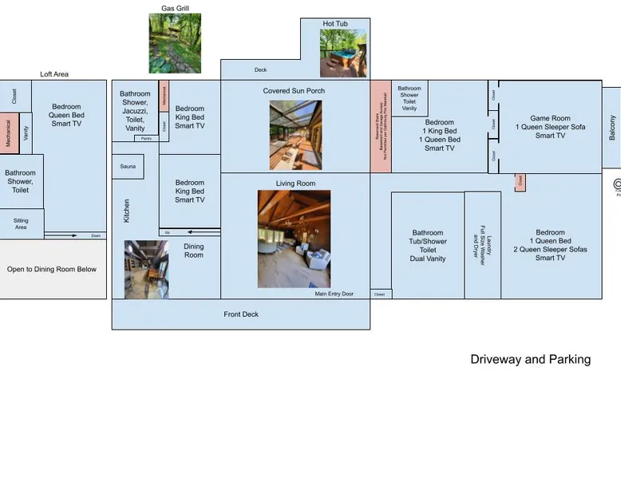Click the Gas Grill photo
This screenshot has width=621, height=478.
pyautogui.click(x=175, y=43)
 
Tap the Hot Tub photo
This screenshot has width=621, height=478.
pyautogui.click(x=343, y=53)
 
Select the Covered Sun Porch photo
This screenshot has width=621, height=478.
pyautogui.click(x=295, y=134)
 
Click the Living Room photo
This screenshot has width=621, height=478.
pyautogui.click(x=294, y=239)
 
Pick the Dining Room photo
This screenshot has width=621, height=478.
pyautogui.click(x=146, y=270)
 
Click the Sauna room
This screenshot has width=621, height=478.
pyautogui.click(x=128, y=167)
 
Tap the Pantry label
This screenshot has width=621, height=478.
pyautogui.click(x=146, y=139)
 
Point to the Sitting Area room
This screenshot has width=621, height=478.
pyautogui.click(x=22, y=223)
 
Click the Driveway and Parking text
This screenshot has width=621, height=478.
pyautogui.click(x=530, y=359)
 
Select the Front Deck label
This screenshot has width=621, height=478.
pyautogui.click(x=240, y=314)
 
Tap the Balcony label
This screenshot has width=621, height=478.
pyautogui.click(x=612, y=128)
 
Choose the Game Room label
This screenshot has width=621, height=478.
pyautogui.click(x=550, y=119)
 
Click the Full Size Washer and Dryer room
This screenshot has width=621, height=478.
pyautogui.click(x=482, y=245)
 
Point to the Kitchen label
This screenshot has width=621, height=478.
pyautogui.click(x=127, y=211)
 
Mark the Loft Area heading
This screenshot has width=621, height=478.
pyautogui.click(x=54, y=74)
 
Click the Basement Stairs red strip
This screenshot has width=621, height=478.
pyautogui.click(x=381, y=126)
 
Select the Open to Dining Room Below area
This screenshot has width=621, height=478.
pyautogui.click(x=52, y=270)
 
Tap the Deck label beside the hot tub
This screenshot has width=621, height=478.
pyautogui.click(x=260, y=70)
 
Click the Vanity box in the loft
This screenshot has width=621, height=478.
pyautogui.click(x=26, y=133)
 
